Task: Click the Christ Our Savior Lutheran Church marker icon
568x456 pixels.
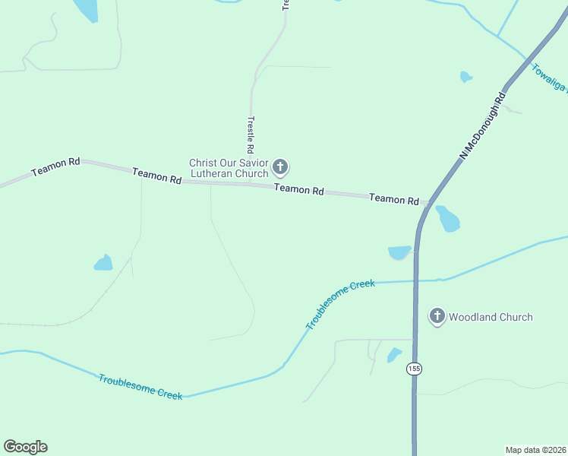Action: (280, 166)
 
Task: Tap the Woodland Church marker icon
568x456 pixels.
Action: (437, 317)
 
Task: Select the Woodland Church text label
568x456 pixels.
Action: (491, 317)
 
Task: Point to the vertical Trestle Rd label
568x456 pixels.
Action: (250, 135)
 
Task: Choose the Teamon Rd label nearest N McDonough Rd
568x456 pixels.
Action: (394, 199)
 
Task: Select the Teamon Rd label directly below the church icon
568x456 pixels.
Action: (299, 190)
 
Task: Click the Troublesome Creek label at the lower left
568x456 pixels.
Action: (140, 387)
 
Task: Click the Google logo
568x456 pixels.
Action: (25, 447)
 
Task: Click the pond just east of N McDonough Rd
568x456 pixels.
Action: (447, 219)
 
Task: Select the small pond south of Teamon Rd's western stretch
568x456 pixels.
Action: (103, 263)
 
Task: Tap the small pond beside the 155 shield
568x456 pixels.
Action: (394, 354)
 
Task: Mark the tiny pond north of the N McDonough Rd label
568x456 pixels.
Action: (466, 77)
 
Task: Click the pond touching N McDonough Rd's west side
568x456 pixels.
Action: (399, 252)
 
